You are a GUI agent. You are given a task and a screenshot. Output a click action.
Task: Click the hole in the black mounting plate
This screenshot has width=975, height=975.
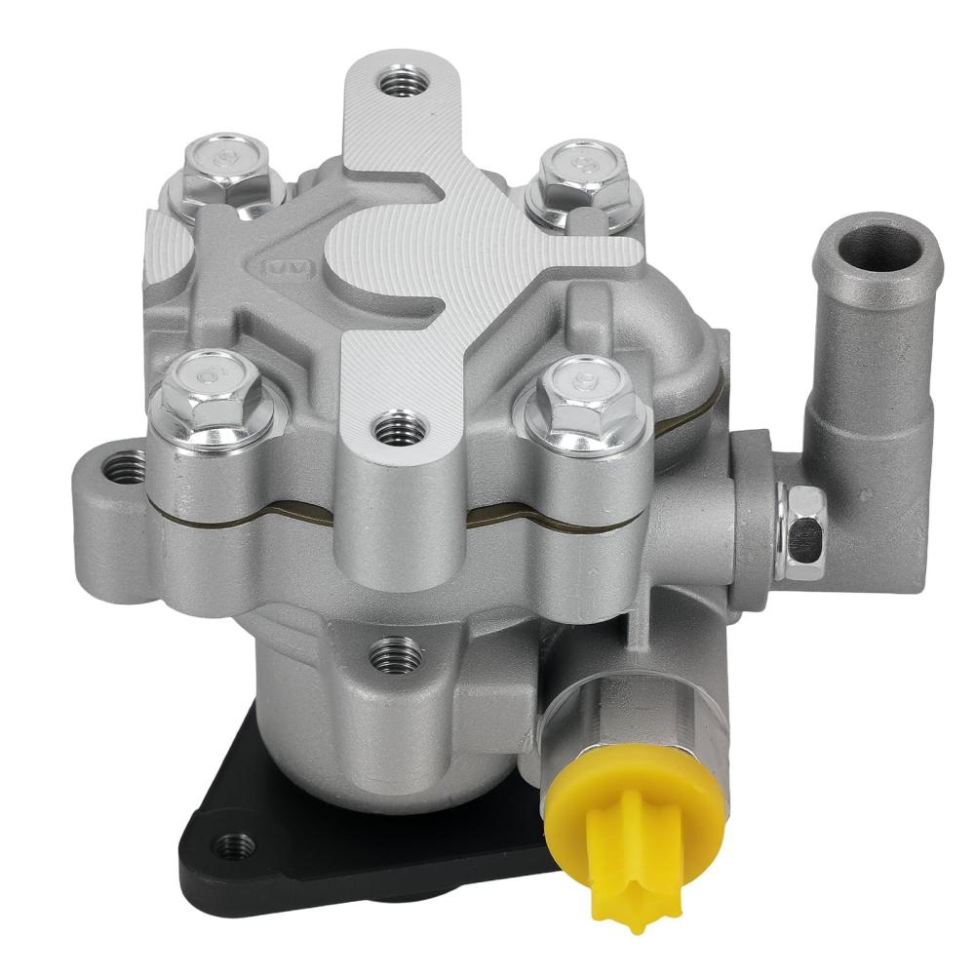pos(231,843)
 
